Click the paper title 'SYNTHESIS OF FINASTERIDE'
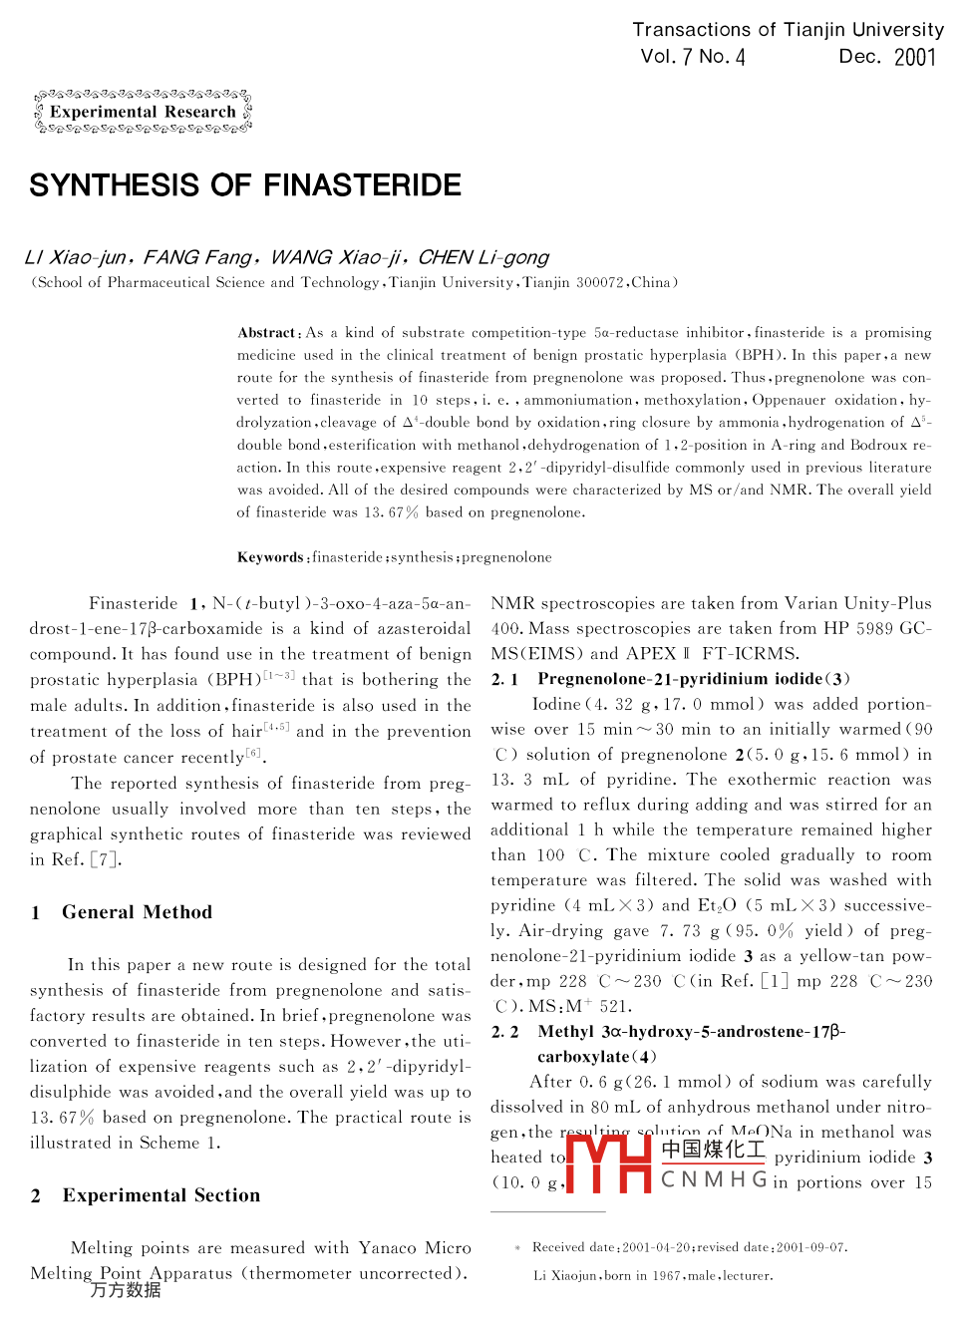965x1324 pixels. coord(245,185)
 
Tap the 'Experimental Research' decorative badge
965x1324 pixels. coord(143,113)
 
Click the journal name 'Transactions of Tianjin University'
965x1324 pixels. coord(788,30)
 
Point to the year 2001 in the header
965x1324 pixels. coord(915,57)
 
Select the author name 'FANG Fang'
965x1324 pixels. coord(198,257)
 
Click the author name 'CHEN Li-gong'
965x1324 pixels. coord(483,257)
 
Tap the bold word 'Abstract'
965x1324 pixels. coord(267,333)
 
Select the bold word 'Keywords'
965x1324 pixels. coord(270,557)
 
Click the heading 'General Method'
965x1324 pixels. coord(137,912)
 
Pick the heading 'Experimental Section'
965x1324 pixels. coord(161,1195)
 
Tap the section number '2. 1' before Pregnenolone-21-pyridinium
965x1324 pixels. coord(504,679)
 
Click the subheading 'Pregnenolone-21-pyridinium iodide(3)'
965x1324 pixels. coord(694,679)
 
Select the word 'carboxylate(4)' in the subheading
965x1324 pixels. coord(596,1057)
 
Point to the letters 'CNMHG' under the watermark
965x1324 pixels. coord(714,1180)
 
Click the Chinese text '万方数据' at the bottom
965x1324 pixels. coord(126,1290)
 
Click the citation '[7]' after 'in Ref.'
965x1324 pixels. coord(105,859)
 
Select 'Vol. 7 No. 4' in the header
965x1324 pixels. coord(693,57)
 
